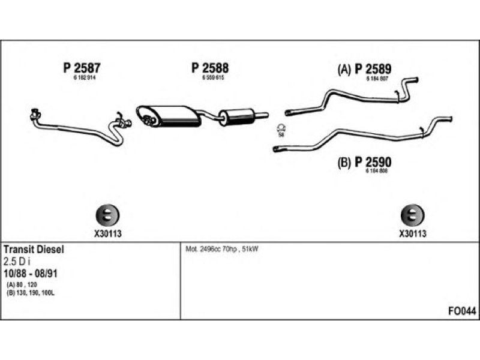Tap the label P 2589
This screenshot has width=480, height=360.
coord(374,70)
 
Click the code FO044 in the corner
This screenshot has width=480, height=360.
coord(462,311)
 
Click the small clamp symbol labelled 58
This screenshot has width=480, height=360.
coord(281,127)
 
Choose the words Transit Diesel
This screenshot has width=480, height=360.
coord(34,248)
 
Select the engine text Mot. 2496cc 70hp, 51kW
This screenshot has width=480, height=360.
coord(221,248)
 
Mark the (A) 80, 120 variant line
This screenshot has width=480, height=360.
coord(23,284)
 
